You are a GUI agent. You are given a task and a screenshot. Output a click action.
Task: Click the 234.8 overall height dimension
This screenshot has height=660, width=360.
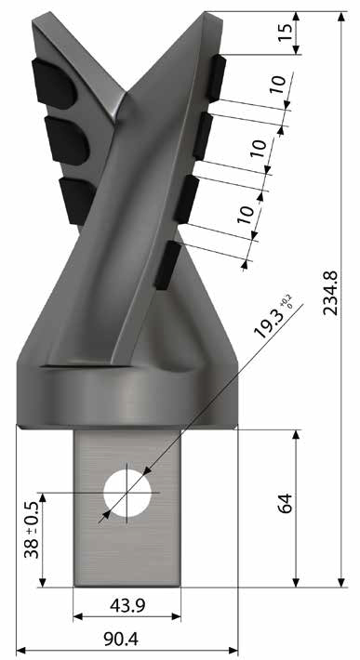(x=330, y=293)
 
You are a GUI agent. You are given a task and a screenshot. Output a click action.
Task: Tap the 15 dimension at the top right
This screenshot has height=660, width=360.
(x=285, y=33)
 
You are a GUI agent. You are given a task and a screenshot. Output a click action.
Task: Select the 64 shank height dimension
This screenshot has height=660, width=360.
(x=285, y=503)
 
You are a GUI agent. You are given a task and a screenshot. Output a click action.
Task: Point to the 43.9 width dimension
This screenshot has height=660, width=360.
(x=127, y=606)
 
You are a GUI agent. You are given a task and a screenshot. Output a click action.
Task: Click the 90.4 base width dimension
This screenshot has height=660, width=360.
(x=121, y=640)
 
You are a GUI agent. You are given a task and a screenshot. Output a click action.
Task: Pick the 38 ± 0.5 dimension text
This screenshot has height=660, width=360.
(x=32, y=530)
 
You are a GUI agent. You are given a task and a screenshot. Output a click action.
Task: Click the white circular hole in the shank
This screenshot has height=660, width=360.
(x=127, y=493)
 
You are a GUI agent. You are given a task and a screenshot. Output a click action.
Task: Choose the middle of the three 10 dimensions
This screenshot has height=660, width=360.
(x=260, y=148)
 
